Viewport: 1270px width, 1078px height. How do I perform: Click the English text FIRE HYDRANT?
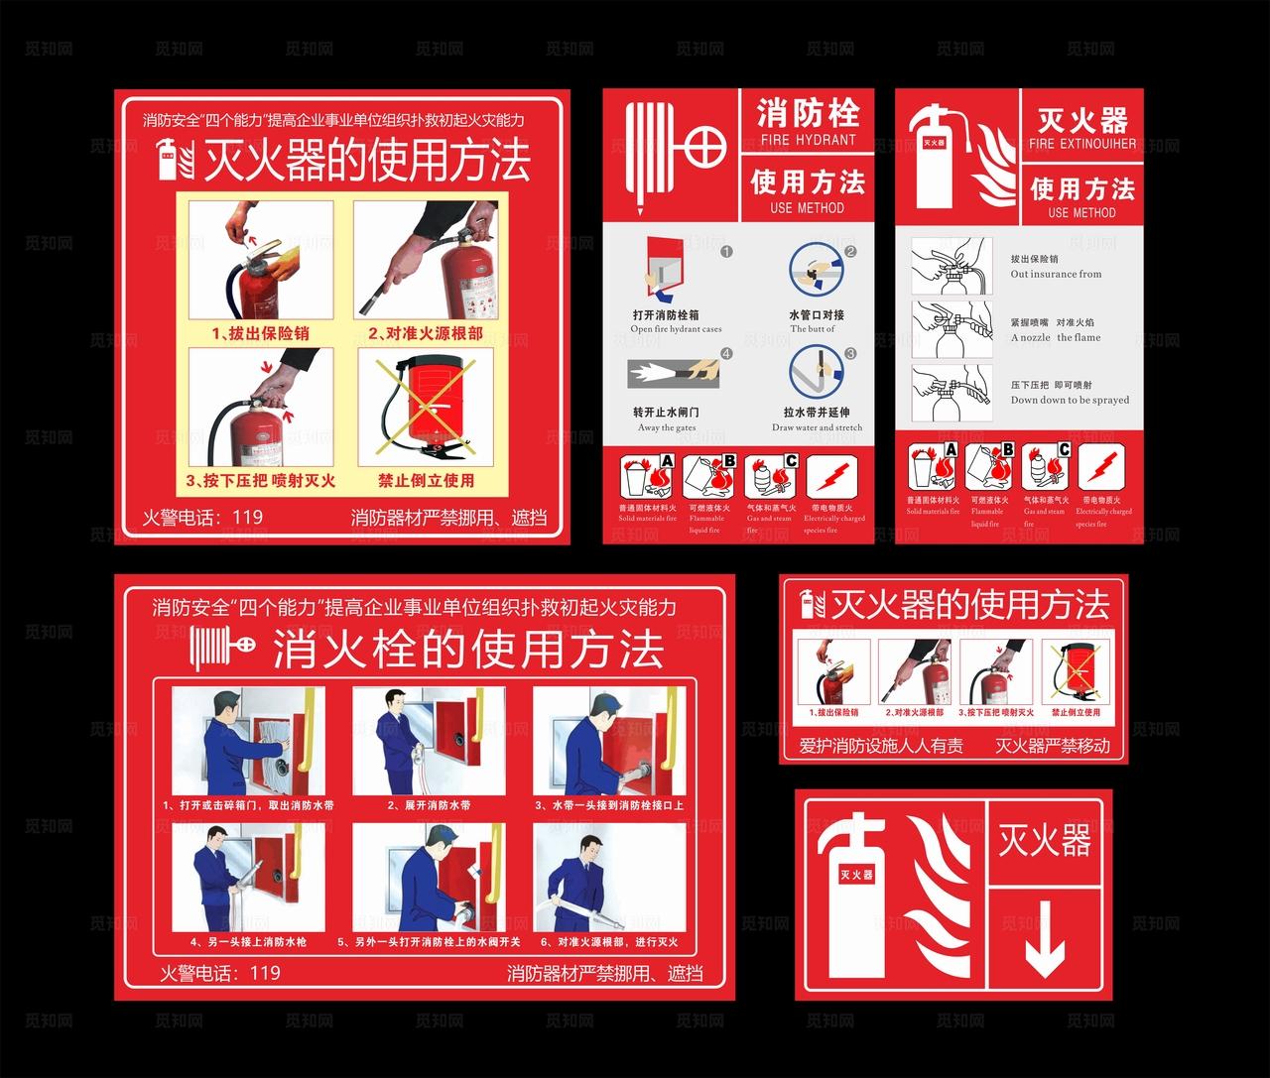(807, 140)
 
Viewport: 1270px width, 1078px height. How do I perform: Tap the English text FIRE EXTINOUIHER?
(1082, 144)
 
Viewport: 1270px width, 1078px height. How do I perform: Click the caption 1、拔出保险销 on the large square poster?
(260, 333)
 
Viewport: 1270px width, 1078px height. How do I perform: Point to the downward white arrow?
(1044, 953)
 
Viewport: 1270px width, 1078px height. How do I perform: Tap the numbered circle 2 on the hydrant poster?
(850, 252)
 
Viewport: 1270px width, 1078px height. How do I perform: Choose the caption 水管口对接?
(817, 314)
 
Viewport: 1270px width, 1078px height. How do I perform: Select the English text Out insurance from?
(1056, 274)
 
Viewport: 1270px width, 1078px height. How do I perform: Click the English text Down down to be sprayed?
(1070, 400)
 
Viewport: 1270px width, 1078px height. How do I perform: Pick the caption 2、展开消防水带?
(429, 805)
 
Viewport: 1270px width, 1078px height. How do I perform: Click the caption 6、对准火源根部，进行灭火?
(608, 941)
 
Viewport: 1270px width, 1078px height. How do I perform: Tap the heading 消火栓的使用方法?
(467, 651)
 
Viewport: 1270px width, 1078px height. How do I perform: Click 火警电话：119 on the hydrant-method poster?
(220, 973)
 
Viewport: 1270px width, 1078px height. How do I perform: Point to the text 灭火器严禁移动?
(1053, 745)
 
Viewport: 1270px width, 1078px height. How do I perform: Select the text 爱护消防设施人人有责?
(880, 745)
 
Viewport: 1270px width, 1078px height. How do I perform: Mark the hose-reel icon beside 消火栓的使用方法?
(224, 647)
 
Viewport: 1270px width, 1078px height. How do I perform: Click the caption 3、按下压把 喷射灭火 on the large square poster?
(260, 481)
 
